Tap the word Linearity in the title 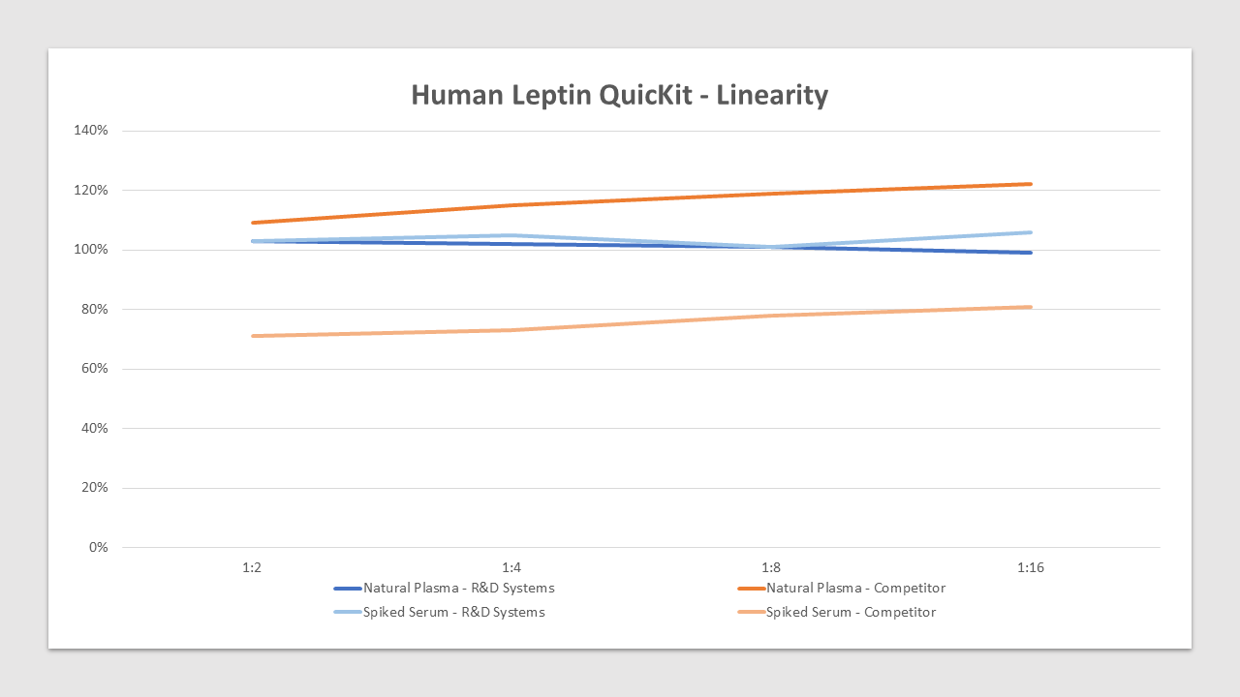point(772,95)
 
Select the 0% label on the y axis point(98,548)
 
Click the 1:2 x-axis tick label point(252,567)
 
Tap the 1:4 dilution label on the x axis point(511,567)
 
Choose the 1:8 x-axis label point(771,567)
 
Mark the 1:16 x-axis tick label point(1031,567)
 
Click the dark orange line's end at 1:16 point(1031,184)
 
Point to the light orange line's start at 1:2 point(252,336)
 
